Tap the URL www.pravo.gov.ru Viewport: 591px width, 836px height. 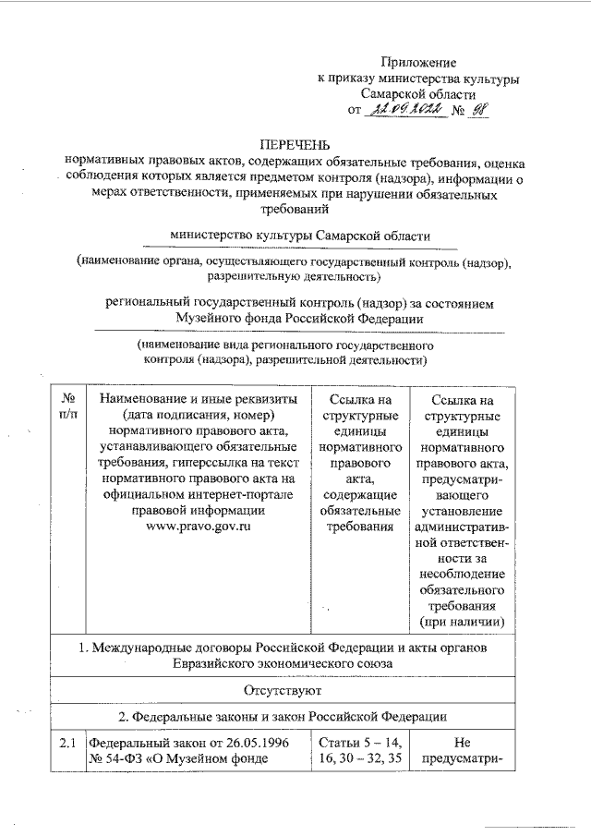192,526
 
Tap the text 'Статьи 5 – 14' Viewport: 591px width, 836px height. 358,743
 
